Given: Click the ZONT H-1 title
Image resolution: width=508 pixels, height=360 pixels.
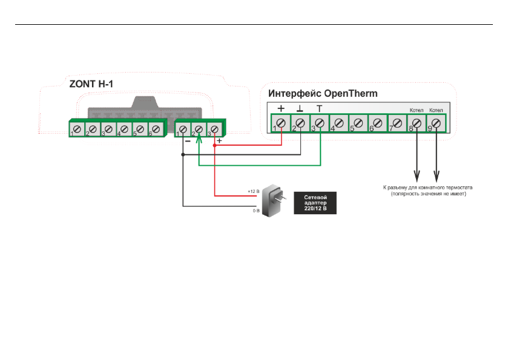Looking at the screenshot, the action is point(91,84).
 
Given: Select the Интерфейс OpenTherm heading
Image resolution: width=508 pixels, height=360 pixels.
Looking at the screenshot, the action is point(323,94).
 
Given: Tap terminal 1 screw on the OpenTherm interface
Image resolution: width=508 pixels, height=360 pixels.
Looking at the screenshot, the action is point(281,123).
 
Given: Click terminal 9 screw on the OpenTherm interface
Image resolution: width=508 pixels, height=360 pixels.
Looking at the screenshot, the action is point(436,123).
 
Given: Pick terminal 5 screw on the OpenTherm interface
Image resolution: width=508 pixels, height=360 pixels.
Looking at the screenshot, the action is point(358,123).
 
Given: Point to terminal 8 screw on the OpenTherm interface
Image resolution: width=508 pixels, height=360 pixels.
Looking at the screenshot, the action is point(417,123).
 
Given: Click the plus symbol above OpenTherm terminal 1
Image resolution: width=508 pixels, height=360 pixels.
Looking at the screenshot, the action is point(281,108).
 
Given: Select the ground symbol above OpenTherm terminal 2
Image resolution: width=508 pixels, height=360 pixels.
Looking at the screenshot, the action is point(300,108).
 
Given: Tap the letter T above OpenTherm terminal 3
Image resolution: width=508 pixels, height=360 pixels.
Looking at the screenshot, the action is point(320,108).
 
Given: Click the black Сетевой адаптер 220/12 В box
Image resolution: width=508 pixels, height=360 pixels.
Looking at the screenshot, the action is point(315,203).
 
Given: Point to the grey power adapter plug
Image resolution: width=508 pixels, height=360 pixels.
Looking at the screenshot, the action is point(274,200).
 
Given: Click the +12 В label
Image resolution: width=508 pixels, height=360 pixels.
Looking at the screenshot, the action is point(253,191).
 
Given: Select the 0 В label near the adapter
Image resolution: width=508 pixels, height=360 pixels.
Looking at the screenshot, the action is point(256,211).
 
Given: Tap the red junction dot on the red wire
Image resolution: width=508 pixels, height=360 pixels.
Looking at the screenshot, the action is point(214,145).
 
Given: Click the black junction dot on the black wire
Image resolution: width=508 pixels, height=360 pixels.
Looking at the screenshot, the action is point(183,155).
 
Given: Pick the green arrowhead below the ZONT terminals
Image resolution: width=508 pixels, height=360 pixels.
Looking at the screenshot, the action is point(199,139).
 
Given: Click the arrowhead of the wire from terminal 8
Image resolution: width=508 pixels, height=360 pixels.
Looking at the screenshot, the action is point(417,177).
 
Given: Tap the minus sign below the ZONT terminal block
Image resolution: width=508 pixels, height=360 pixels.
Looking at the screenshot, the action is point(188,141).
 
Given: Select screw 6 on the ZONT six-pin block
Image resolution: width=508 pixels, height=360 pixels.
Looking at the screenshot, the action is point(156,129).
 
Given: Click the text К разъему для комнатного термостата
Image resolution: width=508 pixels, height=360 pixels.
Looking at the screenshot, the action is point(427,188).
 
